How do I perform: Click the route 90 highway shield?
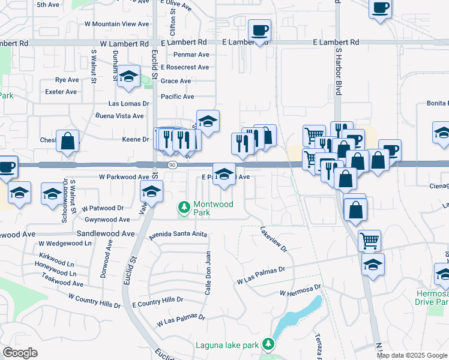coord(172,165)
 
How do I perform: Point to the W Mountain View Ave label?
coord(116,24)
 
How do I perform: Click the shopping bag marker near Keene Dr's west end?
coord(68,142)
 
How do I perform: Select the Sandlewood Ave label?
coord(106,233)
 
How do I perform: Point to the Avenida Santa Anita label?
coord(178,234)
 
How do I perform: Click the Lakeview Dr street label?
coord(274,239)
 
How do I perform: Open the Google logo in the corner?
coord(20,353)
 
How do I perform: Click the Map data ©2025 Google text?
coord(412,355)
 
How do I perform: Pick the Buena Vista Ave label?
coord(119,116)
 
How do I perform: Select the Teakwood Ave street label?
coord(63,283)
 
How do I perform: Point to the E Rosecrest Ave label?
coord(185,67)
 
